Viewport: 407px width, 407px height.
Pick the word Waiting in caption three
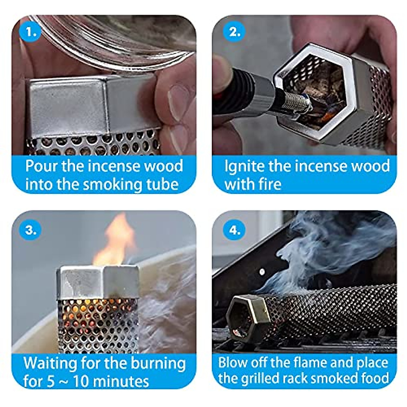coord(50,364)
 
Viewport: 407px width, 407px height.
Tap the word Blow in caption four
coord(231,363)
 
